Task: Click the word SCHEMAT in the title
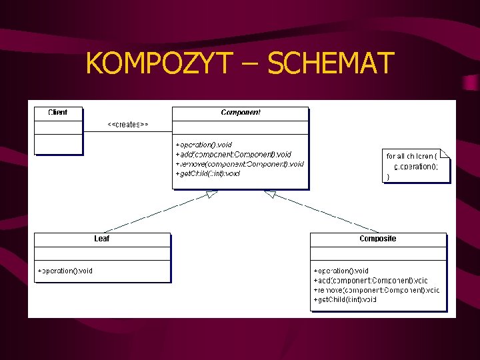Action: point(331,64)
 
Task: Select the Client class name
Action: point(58,113)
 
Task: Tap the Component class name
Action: point(241,113)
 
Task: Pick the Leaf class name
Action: point(102,239)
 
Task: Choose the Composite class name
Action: point(377,239)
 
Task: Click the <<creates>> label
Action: point(128,125)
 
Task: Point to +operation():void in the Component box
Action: point(203,145)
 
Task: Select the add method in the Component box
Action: point(233,154)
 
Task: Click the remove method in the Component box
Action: point(239,163)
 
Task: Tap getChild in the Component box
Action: point(207,173)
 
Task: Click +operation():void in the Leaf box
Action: point(65,271)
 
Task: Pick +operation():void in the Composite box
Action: point(341,271)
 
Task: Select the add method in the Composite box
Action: point(371,281)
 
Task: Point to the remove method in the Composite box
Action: point(377,290)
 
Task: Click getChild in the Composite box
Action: point(345,300)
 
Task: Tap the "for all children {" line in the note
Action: point(412,155)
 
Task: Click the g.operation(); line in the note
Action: point(416,167)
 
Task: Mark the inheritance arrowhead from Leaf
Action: point(212,194)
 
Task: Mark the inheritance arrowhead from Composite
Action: point(269,194)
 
